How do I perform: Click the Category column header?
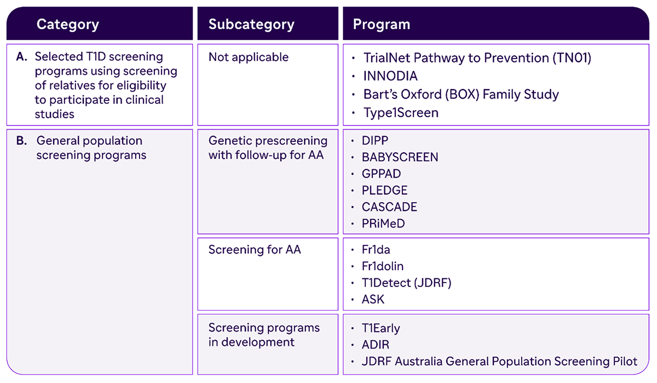pos(68,24)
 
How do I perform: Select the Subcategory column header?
pos(251,24)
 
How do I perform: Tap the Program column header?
pos(382,24)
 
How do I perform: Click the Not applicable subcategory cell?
pos(249,57)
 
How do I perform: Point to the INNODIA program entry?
pos(390,76)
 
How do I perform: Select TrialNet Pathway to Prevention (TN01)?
pos(477,58)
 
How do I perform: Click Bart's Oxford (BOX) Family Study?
pos(461,94)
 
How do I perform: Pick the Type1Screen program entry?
pos(401,113)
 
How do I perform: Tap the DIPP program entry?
pos(375,141)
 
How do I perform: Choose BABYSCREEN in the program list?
pos(400,157)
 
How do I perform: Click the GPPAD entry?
pos(381,174)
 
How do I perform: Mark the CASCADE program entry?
pos(389,207)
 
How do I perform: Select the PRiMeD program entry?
pos(383,224)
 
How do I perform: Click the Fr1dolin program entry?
pos(383,266)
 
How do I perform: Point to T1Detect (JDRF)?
pos(406,283)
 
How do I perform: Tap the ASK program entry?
pos(373,299)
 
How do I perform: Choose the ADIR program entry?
pos(376,345)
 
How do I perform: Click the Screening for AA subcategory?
pos(255,250)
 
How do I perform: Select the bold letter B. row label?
pos(21,141)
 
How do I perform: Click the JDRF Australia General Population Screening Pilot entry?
pos(499,361)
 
